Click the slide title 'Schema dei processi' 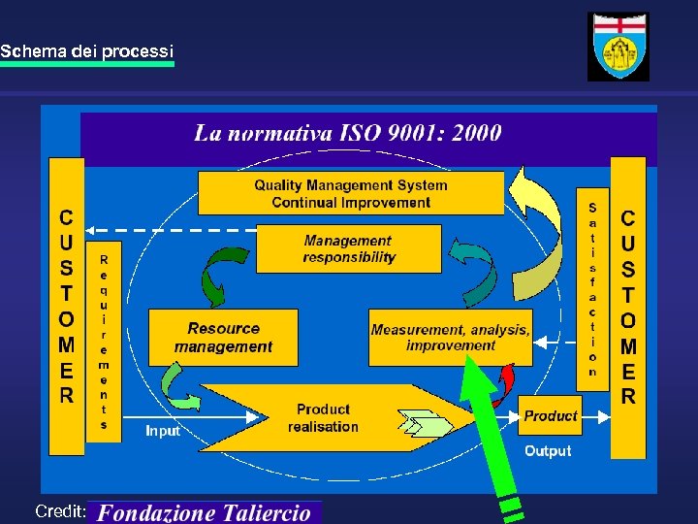(x=87, y=49)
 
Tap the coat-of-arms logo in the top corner (x=619, y=47)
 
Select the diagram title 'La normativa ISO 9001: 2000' (x=347, y=133)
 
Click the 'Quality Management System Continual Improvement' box (x=350, y=193)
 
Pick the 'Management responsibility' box (x=349, y=248)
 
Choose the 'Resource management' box (x=223, y=338)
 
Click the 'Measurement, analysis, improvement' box (x=450, y=338)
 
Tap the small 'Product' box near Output (x=550, y=415)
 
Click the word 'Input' (x=163, y=430)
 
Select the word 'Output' (x=548, y=451)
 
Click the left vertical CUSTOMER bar (x=66, y=306)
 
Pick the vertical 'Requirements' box (x=104, y=342)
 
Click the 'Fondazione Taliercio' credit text (x=205, y=512)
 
